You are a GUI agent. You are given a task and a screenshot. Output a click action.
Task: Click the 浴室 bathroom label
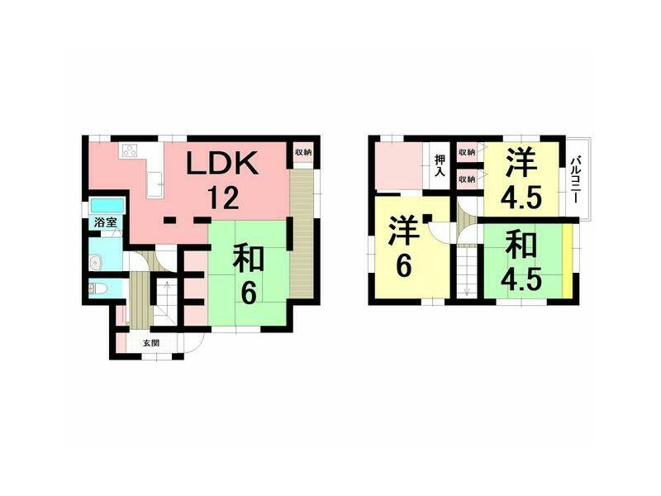tap(105, 222)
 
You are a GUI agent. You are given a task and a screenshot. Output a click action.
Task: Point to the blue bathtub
tap(107, 205)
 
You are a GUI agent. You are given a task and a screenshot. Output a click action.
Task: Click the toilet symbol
tap(96, 289)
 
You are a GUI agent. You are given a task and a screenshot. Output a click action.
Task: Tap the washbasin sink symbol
tap(96, 264)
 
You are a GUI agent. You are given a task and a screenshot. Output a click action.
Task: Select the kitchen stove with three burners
tap(130, 150)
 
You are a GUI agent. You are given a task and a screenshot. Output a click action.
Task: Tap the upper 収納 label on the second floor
tap(467, 152)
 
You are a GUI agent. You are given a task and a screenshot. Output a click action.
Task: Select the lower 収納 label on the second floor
tap(467, 179)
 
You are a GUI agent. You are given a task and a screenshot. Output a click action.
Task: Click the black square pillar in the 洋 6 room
tap(426, 218)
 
